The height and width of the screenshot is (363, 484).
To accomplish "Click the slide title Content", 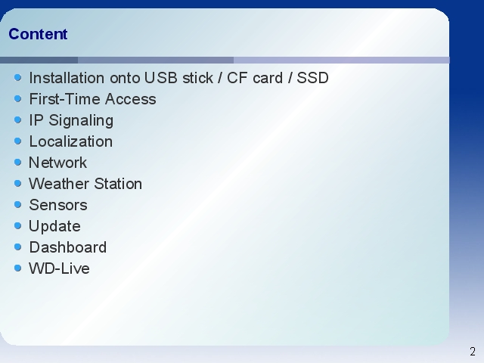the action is [x=38, y=34].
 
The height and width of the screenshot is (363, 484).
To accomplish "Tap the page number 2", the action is [x=473, y=352].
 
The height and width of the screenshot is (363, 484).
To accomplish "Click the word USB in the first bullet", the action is [x=161, y=78].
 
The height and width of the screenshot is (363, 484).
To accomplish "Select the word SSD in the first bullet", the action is [x=312, y=78].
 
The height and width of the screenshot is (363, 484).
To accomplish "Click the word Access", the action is [x=131, y=99].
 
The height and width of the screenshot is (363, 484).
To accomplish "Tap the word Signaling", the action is [x=81, y=121].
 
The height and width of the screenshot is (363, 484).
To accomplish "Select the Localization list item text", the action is [x=71, y=141].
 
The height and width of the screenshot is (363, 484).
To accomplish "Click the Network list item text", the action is [x=58, y=163].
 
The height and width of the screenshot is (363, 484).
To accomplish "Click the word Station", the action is [x=118, y=184].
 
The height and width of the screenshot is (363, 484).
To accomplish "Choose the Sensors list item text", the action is [x=58, y=205].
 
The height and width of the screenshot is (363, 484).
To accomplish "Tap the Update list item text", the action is [x=55, y=227].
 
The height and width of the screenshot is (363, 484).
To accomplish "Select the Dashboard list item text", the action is [x=68, y=247].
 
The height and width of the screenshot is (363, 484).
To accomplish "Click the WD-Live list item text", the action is [x=59, y=268].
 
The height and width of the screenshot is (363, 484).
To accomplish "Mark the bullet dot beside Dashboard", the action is [x=18, y=247].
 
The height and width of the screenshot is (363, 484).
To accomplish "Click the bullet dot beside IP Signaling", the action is [x=18, y=119].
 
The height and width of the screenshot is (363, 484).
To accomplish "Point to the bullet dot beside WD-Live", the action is [x=18, y=268].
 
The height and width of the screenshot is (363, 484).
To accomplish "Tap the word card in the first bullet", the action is [x=268, y=78].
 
